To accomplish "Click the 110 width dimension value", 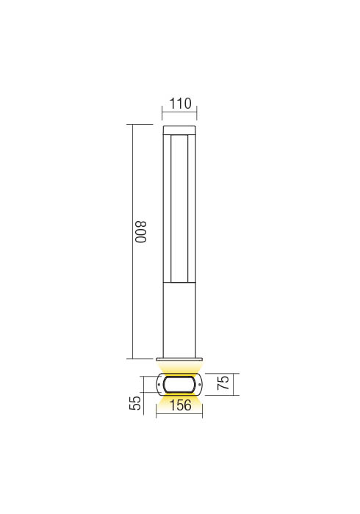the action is [x=180, y=104].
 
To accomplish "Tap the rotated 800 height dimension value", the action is [x=141, y=232].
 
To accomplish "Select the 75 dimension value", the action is [x=223, y=383].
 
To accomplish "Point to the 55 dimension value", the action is [x=134, y=403].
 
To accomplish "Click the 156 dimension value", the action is [x=180, y=405].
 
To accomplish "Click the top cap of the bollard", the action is [x=180, y=130].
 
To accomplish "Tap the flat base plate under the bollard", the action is [x=179, y=360].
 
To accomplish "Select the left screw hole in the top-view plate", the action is [x=159, y=384].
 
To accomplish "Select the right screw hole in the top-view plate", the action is [x=199, y=384].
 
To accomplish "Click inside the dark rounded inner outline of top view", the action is [x=179, y=384].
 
